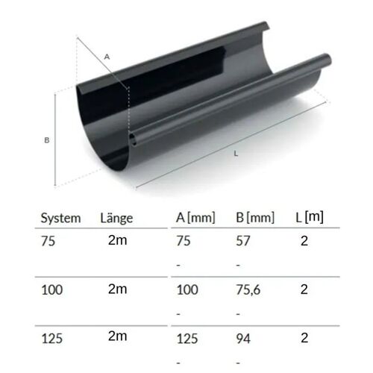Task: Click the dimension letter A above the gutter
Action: pyautogui.click(x=107, y=57)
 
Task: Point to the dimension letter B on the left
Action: pyautogui.click(x=47, y=140)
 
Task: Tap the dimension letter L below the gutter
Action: pyautogui.click(x=236, y=154)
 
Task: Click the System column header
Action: pyautogui.click(x=60, y=219)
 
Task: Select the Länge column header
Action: pyautogui.click(x=116, y=218)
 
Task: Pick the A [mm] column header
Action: pyautogui.click(x=195, y=218)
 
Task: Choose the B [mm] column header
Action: pyautogui.click(x=255, y=218)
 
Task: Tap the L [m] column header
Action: pyautogui.click(x=310, y=217)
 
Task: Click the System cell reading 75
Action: pyautogui.click(x=48, y=241)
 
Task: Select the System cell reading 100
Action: pyautogui.click(x=52, y=290)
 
